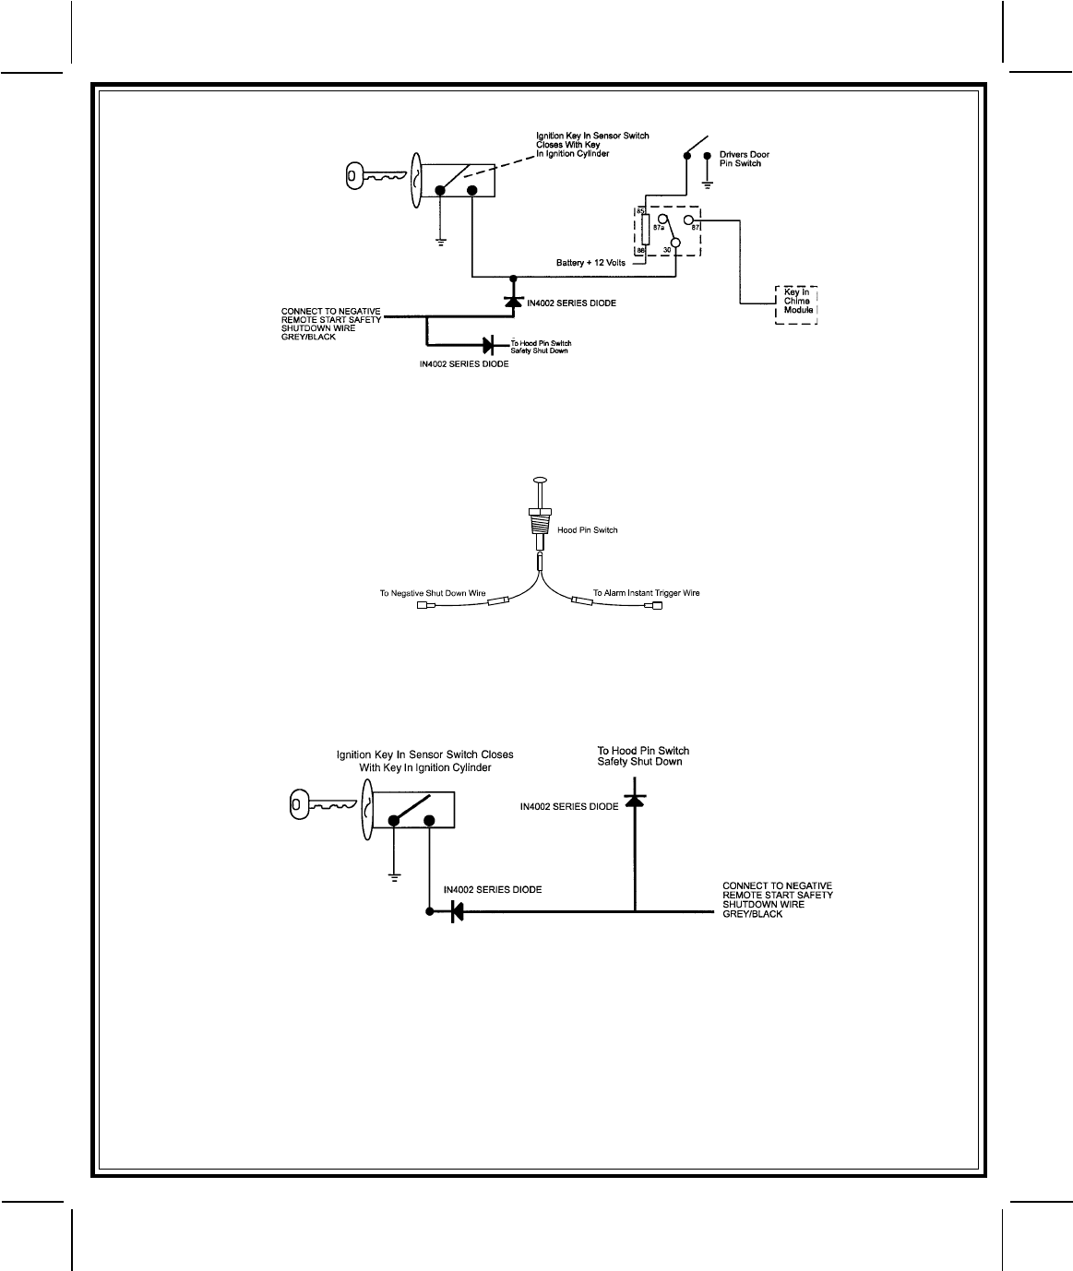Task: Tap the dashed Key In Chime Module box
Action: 796,303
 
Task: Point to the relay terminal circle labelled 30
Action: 675,244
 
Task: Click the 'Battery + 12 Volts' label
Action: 590,263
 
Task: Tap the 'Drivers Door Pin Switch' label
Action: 744,159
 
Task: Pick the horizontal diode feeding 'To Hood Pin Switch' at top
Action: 490,345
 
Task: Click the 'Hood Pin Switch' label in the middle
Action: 588,530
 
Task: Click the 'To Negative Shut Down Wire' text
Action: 433,593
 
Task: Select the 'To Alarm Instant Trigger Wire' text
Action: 646,593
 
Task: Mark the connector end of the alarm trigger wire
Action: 655,606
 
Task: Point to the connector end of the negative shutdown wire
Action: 424,606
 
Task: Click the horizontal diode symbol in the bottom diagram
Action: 456,911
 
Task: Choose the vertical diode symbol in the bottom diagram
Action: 634,799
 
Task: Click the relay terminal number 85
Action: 639,212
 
